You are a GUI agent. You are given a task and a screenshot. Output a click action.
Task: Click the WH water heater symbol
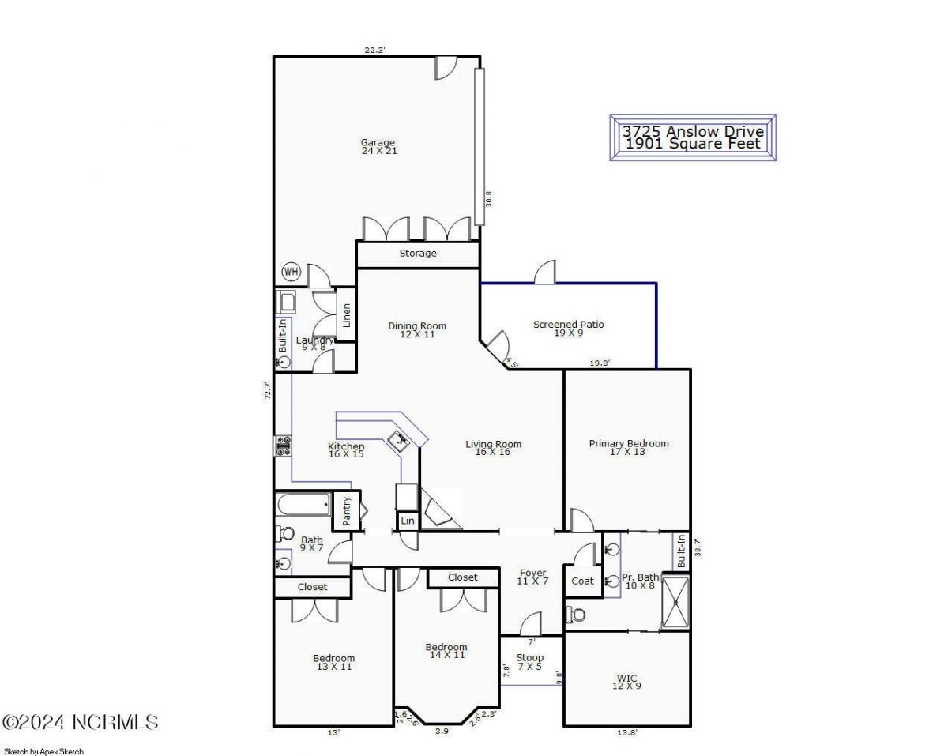292,273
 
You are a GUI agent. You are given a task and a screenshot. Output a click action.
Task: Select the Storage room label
417,254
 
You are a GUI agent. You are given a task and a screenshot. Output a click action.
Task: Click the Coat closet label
582,581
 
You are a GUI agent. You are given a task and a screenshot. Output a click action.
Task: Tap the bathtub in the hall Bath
303,504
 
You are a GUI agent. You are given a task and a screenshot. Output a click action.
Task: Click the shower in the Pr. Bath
675,603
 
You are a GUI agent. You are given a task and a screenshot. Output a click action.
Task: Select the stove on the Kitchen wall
283,446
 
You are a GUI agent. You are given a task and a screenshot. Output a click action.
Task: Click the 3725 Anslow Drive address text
693,131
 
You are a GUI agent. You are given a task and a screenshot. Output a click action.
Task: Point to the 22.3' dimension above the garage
374,50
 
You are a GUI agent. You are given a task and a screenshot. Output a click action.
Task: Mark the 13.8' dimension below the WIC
626,733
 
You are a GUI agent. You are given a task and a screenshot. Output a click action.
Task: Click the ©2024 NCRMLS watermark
81,722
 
